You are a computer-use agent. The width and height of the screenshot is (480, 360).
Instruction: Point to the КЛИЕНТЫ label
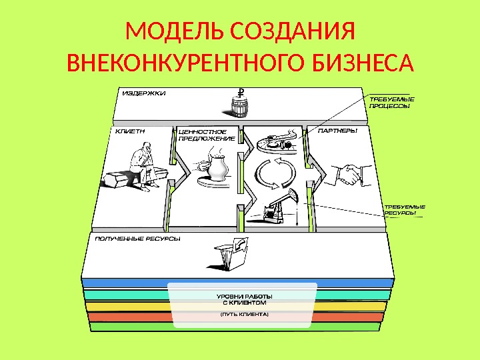pos(130,131)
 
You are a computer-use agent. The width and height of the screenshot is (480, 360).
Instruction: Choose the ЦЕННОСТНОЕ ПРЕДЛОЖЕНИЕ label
pos(207,135)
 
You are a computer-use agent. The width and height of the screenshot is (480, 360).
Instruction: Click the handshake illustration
pos(348,175)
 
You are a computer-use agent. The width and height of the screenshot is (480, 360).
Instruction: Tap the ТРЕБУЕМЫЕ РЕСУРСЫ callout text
pos(404,211)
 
